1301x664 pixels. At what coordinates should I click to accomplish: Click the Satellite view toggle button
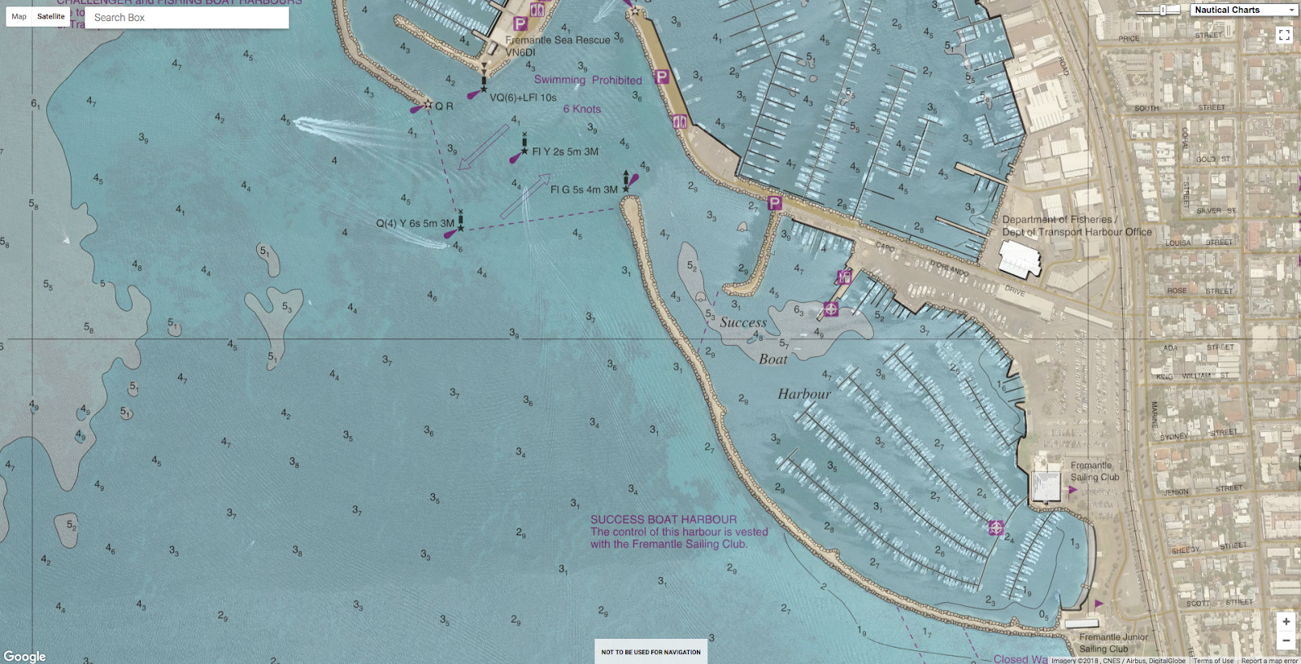click(50, 16)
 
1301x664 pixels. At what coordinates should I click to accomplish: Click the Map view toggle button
click(19, 16)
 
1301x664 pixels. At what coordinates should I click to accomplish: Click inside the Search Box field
click(187, 17)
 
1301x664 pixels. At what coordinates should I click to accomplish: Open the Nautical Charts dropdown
click(1244, 10)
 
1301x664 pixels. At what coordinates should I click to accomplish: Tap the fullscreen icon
click(1284, 35)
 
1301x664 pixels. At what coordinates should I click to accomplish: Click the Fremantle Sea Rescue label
click(557, 40)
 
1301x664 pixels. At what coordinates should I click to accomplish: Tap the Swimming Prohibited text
click(587, 80)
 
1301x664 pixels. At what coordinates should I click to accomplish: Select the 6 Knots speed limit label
click(582, 109)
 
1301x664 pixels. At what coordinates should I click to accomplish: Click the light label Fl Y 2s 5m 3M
click(565, 151)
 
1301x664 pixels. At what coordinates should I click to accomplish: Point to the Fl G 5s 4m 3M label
click(583, 190)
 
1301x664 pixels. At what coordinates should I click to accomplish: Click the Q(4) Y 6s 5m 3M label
click(415, 223)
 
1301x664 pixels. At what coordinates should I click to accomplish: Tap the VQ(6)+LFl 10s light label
click(523, 98)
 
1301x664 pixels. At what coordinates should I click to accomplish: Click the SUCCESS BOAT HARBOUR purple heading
click(664, 519)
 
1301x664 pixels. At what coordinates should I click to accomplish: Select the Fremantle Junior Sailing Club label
click(1113, 643)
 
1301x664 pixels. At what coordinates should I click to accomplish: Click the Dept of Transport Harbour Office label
click(1077, 232)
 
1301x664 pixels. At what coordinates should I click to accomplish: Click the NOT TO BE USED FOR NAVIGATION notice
click(650, 652)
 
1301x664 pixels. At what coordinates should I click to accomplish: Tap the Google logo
click(24, 656)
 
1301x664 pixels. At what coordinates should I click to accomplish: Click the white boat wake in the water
click(333, 127)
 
